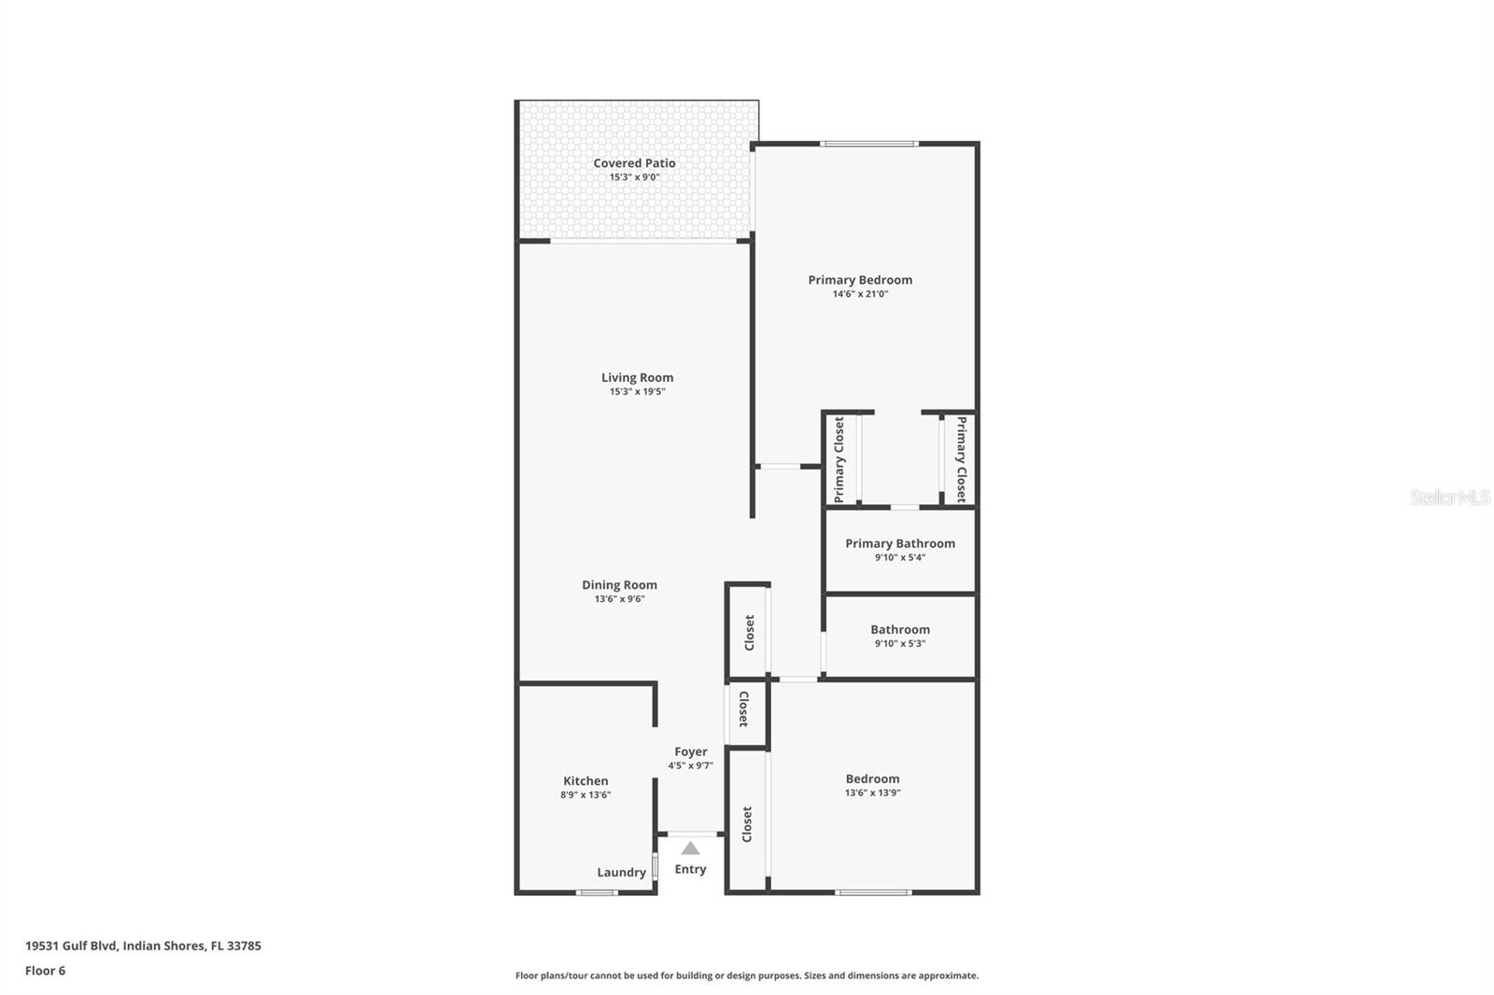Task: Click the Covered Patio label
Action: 634,163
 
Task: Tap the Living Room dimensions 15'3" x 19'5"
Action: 637,392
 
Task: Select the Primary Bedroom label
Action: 860,280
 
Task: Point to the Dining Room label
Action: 619,585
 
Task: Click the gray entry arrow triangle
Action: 690,848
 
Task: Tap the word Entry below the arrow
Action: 690,869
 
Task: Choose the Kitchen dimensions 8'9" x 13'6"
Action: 585,795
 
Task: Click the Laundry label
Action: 621,873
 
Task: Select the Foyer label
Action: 691,751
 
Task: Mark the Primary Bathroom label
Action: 900,543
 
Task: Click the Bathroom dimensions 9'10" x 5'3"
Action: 900,643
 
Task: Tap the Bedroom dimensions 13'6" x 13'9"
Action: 872,792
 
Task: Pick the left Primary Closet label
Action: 839,459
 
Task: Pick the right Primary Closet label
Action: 961,459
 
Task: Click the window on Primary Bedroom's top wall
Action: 869,144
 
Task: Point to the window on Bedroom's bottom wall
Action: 873,893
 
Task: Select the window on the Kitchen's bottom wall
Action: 597,893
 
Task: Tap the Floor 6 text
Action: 45,971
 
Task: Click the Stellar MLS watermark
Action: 1449,497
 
